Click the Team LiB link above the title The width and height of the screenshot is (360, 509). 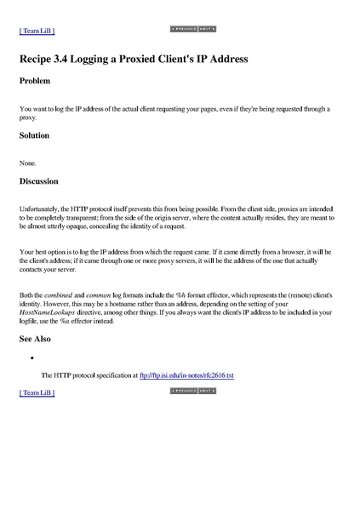[x=37, y=31]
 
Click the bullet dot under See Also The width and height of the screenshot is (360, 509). [x=31, y=358]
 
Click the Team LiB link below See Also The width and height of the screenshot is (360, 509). [x=37, y=393]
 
